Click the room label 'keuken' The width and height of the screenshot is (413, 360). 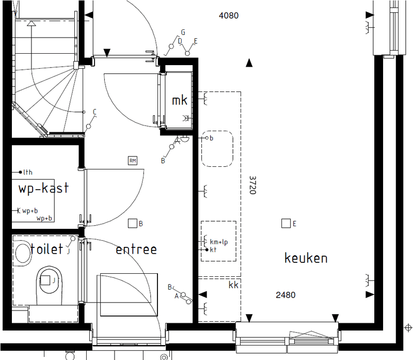pos(306,258)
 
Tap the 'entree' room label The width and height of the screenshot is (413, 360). pos(136,249)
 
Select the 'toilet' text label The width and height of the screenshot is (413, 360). pos(46,248)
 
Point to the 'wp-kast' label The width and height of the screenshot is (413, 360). pos(43,188)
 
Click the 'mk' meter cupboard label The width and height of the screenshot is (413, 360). pos(180,100)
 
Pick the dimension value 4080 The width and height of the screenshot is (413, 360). pos(229,15)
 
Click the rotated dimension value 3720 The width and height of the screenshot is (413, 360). pos(252,185)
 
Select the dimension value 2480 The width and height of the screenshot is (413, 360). pos(285,295)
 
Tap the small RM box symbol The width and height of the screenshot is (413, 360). pos(133,161)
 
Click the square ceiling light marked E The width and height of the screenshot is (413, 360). pos(286,223)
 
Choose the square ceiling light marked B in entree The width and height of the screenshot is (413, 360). pos(133,223)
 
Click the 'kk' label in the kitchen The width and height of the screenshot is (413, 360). pos(233,285)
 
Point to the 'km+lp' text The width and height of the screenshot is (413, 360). pos(218,242)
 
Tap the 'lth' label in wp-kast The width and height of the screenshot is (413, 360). pos(28,173)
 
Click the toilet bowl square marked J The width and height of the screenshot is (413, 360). pos(45,280)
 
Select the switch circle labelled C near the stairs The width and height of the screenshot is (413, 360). pos(88,127)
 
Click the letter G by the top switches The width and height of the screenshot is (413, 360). pos(183,32)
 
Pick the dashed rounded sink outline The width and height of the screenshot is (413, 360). pos(217,149)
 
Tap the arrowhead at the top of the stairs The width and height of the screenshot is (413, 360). pos(31,24)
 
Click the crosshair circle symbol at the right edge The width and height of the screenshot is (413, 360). pos(408,328)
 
